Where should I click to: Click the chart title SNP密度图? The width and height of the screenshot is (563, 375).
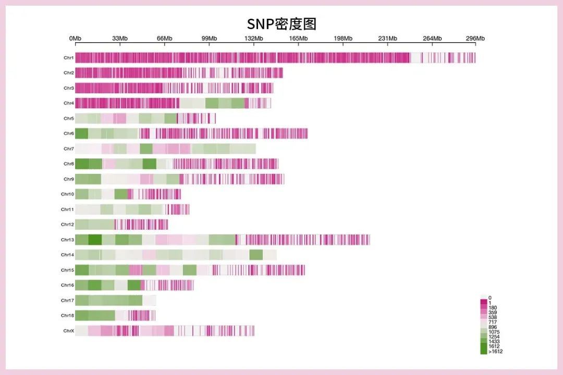pos(281,24)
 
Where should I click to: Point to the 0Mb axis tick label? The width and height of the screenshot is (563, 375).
pos(75,39)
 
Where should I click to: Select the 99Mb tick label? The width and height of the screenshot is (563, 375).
pos(209,39)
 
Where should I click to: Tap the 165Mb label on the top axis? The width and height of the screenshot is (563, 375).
pos(299,39)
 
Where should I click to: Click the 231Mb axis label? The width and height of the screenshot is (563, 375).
pos(388,39)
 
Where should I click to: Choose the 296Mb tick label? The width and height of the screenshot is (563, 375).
pos(475,39)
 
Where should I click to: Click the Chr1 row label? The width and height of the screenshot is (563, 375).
pos(68,58)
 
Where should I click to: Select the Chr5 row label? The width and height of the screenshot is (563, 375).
pos(68,119)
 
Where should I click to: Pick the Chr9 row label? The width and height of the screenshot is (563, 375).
pos(68,179)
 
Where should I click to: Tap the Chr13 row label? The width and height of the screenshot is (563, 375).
pos(67,240)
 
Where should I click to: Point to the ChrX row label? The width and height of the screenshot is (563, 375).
pos(68,331)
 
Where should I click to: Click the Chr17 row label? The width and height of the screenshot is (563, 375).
pos(67,301)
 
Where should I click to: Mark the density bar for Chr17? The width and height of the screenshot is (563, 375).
pos(115,301)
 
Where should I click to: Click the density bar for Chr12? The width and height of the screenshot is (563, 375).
pos(121,224)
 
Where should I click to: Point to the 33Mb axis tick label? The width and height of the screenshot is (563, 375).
pos(120,39)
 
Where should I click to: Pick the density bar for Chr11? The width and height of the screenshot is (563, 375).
pos(132,209)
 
